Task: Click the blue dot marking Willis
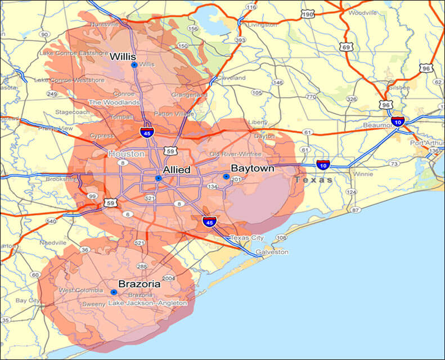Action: coord(134,65)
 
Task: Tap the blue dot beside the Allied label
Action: coord(159,178)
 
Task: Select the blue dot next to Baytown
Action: coord(226,177)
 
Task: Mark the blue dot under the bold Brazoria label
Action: coord(114,292)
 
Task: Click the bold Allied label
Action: coord(176,169)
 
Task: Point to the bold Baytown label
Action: coord(253,168)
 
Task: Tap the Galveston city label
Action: coord(273,252)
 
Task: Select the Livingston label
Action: coord(262,25)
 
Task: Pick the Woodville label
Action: coord(362,12)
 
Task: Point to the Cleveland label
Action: coord(231,78)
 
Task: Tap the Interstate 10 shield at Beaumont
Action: coord(397,121)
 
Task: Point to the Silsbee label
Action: coord(400,88)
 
